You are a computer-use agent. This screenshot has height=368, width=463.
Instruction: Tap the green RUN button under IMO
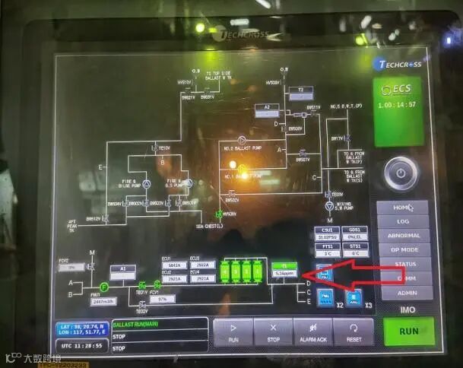pos(409,331)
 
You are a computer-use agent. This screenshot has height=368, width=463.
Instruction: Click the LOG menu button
pos(402,221)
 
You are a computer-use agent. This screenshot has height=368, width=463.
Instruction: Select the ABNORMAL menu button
pos(402,235)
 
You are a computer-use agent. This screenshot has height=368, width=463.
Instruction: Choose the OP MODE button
pos(402,249)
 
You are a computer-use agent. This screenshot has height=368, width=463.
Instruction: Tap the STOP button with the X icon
pos(274,332)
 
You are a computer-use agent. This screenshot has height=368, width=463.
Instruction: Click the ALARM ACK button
pos(313,332)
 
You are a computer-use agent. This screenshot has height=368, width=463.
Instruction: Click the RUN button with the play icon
pos(233,332)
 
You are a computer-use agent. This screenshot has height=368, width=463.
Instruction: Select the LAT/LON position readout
pos(80,328)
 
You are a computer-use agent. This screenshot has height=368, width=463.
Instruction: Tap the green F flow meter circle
pos(104,286)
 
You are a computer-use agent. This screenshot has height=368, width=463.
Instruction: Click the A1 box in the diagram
pos(122,268)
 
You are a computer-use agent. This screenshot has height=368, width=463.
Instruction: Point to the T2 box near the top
pos(300,90)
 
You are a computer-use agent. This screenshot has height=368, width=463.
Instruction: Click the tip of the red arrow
pos(303,273)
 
